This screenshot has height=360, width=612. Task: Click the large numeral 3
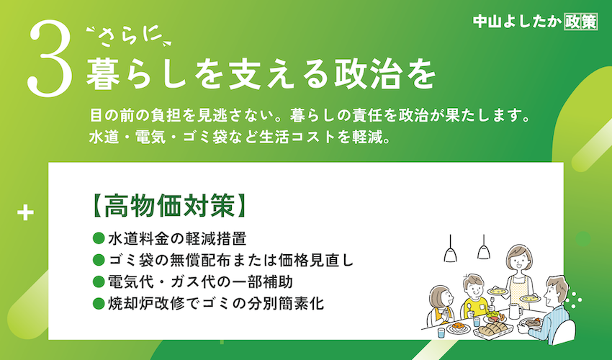pyautogui.click(x=50, y=58)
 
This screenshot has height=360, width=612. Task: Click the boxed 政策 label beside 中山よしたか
pyautogui.click(x=581, y=22)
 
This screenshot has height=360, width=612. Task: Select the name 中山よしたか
pyautogui.click(x=518, y=22)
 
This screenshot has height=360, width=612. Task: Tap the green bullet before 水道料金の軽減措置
pyautogui.click(x=99, y=238)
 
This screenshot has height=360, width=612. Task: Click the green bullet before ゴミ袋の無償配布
pyautogui.click(x=99, y=260)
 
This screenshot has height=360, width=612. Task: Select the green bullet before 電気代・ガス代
pyautogui.click(x=99, y=282)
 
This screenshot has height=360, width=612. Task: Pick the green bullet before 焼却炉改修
pyautogui.click(x=99, y=303)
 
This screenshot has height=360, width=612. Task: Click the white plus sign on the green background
pyautogui.click(x=25, y=213)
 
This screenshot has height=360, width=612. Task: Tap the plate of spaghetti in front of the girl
pyautogui.click(x=458, y=327)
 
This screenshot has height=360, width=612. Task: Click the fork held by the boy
pyautogui.click(x=493, y=302)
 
